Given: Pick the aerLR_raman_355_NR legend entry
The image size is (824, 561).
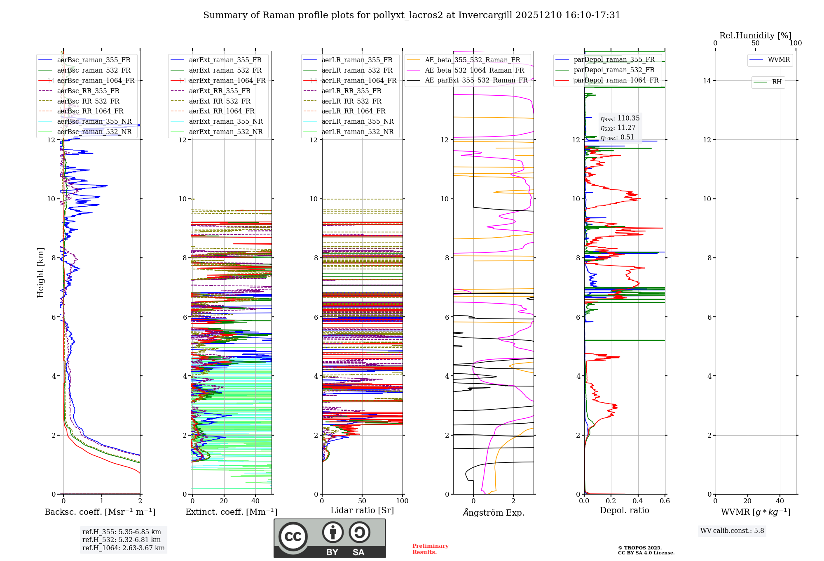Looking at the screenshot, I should pyautogui.click(x=357, y=121).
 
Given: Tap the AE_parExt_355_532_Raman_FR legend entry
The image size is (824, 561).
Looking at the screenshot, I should pyautogui.click(x=476, y=80).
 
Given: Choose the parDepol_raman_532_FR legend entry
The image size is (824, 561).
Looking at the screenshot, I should pyautogui.click(x=614, y=70).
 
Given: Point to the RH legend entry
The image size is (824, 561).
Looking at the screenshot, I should pyautogui.click(x=777, y=82).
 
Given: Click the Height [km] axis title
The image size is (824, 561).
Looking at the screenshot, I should pyautogui.click(x=40, y=272).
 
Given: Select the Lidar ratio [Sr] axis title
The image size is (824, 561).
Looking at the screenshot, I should pyautogui.click(x=362, y=510).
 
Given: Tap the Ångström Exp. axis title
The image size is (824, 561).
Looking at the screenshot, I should pyautogui.click(x=494, y=512).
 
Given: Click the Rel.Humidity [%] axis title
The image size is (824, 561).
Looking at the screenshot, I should pyautogui.click(x=755, y=35).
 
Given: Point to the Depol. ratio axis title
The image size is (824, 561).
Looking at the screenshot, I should pyautogui.click(x=624, y=510).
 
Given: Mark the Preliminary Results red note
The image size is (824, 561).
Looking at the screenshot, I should pyautogui.click(x=430, y=549).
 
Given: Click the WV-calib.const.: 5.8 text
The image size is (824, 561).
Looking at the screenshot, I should pyautogui.click(x=732, y=531).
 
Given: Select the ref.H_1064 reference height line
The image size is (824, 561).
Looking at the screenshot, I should pyautogui.click(x=123, y=548).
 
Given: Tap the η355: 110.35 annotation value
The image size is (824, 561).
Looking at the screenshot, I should pyautogui.click(x=620, y=118).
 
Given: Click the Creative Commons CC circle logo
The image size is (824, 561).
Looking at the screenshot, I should pyautogui.click(x=293, y=537).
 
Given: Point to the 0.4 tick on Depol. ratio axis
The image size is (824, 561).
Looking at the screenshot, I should pyautogui.click(x=638, y=501).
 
